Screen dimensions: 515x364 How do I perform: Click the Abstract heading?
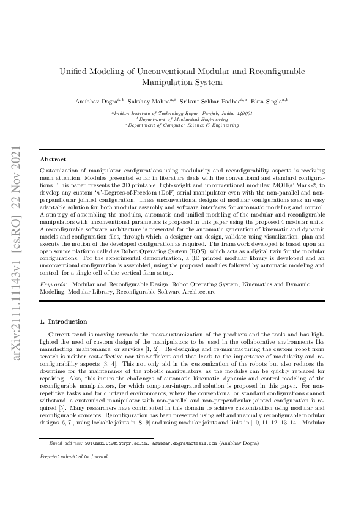53,158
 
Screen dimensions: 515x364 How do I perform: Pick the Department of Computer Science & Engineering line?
182,125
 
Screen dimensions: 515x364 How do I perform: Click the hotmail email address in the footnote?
171,475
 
